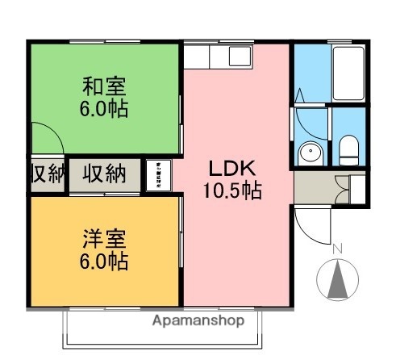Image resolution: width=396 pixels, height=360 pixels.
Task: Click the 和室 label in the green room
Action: (x=105, y=85)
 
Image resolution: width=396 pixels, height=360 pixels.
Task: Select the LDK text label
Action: (x=232, y=169)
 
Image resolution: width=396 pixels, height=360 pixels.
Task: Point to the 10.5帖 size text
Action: (x=232, y=192)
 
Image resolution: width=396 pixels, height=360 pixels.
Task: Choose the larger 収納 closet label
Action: (x=105, y=174)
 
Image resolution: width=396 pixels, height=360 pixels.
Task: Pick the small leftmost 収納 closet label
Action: (x=47, y=174)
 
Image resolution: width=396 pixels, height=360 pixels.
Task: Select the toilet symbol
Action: (x=349, y=149)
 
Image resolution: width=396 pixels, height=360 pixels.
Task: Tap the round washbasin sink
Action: (x=310, y=153)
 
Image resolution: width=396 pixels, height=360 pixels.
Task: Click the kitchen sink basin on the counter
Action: (x=240, y=57)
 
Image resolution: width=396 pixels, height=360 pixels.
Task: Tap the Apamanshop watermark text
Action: (x=198, y=320)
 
